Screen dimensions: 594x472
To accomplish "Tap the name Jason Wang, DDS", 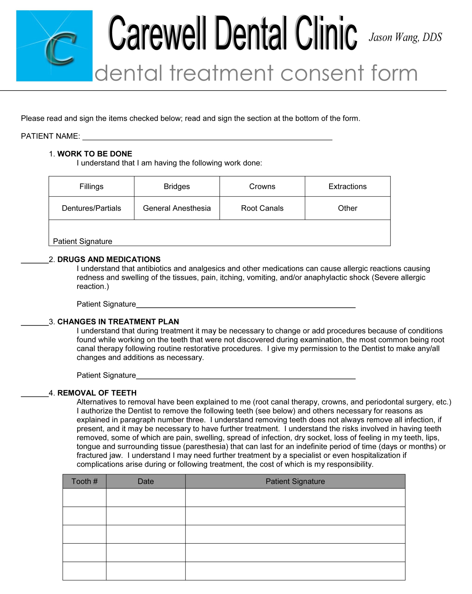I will pyautogui.click(x=405, y=37).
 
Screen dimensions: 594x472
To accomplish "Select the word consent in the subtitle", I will pyautogui.click(x=322, y=73).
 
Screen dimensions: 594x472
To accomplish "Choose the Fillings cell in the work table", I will pyautogui.click(x=91, y=187).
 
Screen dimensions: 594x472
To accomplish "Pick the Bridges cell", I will pyautogui.click(x=177, y=187).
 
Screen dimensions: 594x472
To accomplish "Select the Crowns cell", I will pyautogui.click(x=262, y=187).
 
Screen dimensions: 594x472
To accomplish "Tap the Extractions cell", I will pyautogui.click(x=347, y=187).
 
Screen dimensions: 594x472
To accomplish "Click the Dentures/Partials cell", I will pyautogui.click(x=91, y=208).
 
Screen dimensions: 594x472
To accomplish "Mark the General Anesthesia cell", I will pyautogui.click(x=177, y=208).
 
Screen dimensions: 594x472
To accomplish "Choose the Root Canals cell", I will pyautogui.click(x=262, y=208).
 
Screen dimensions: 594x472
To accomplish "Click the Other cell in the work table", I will pyautogui.click(x=347, y=208).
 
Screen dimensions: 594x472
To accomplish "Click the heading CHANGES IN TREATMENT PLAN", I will pyautogui.click(x=118, y=322).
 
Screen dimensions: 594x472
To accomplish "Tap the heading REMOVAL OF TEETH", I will pyautogui.click(x=97, y=393).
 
